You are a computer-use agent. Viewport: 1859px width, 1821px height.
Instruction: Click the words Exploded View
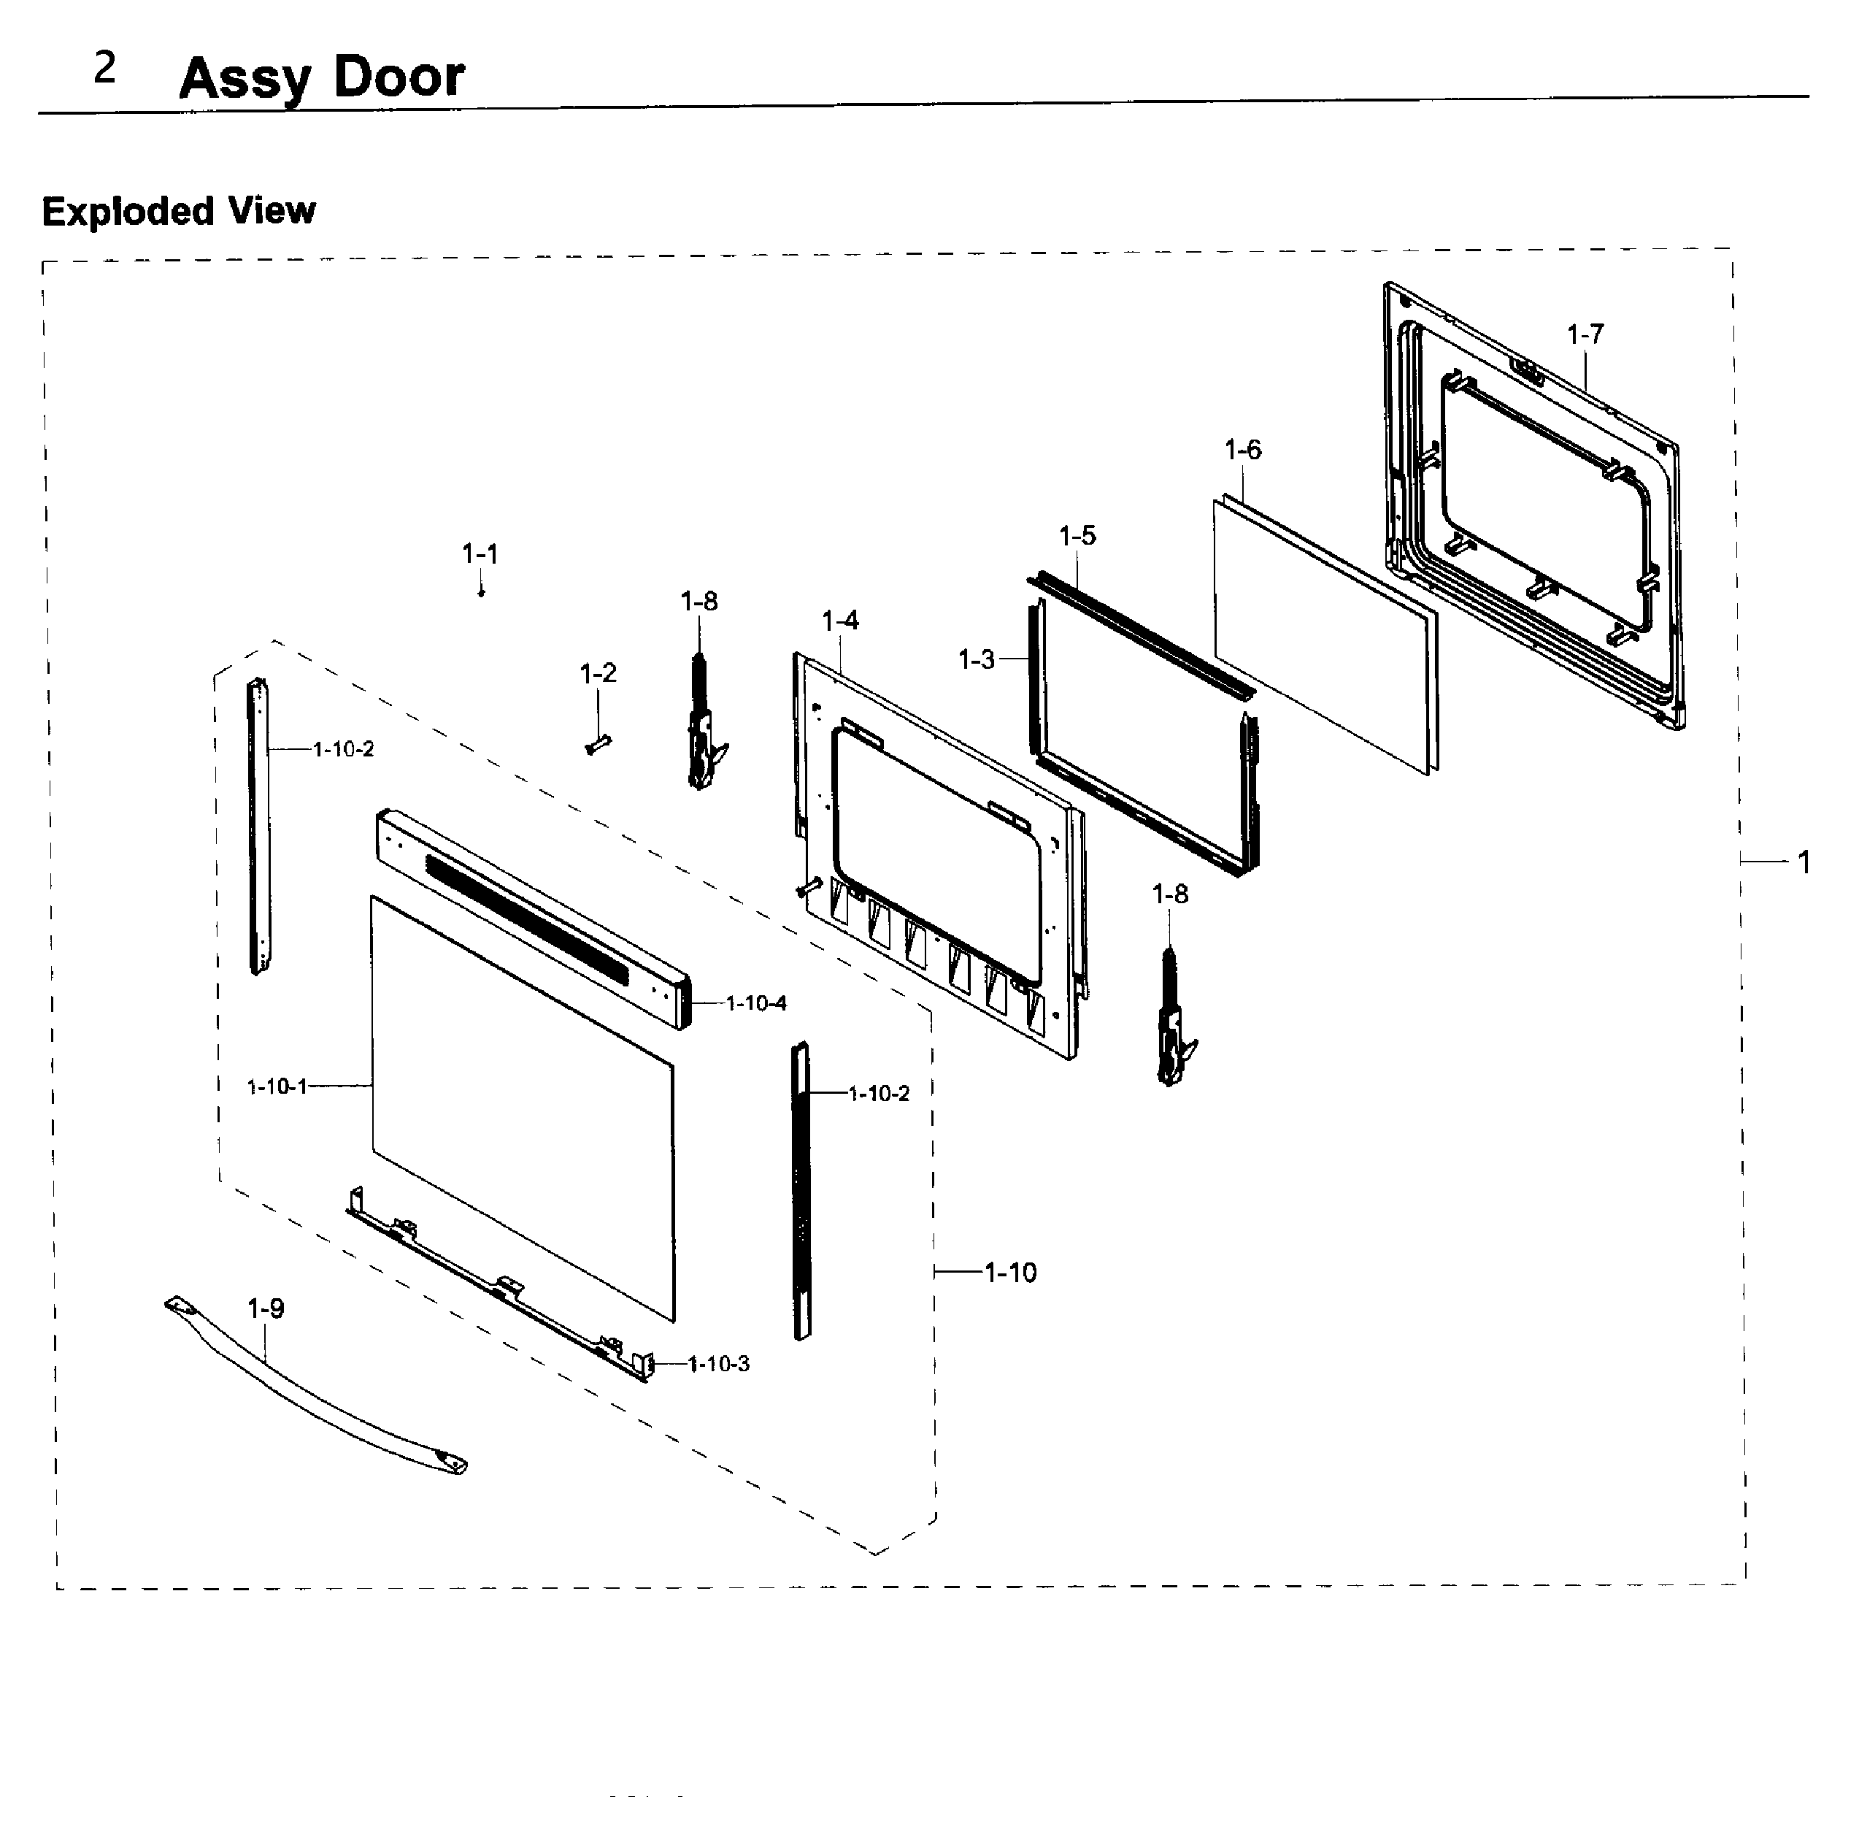(179, 211)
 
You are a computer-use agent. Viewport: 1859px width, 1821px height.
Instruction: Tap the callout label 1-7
(1585, 334)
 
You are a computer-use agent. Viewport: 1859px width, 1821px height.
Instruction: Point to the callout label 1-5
(1078, 537)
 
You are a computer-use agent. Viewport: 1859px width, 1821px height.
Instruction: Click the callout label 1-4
(841, 621)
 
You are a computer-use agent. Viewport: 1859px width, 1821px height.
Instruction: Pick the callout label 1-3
(977, 660)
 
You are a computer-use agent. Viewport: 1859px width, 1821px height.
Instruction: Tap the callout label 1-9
(266, 1308)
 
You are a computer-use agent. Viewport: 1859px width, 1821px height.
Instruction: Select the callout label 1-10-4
(755, 1003)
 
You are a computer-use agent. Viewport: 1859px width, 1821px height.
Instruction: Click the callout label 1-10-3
(718, 1365)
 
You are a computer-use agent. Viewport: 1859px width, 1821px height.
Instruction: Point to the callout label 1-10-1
(277, 1086)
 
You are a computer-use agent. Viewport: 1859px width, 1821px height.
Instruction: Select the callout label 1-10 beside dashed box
(1011, 1273)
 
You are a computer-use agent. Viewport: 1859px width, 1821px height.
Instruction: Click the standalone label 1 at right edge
(1804, 863)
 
